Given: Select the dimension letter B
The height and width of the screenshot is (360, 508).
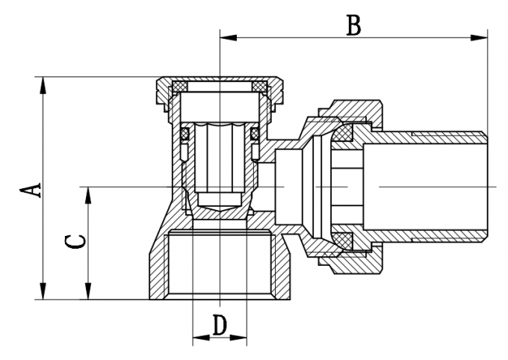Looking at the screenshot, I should pyautogui.click(x=353, y=24).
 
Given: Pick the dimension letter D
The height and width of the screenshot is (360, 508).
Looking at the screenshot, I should pyautogui.click(x=220, y=326).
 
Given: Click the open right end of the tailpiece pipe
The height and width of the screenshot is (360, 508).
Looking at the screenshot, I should pyautogui.click(x=485, y=185).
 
